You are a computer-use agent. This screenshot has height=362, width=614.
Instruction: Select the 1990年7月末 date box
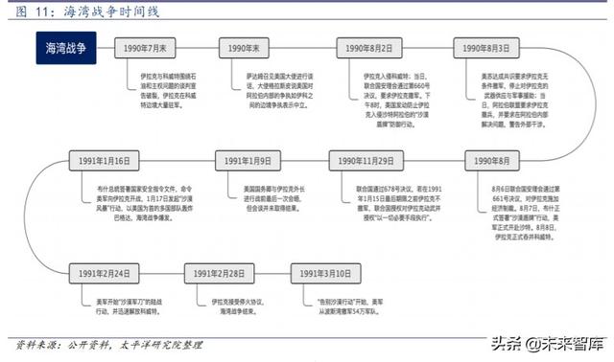coord(144,46)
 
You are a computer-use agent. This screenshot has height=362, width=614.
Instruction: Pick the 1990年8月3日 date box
coord(484,46)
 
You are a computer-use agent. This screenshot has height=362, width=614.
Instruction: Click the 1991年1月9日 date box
coord(245,159)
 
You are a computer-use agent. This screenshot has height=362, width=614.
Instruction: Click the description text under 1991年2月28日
coord(237,305)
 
